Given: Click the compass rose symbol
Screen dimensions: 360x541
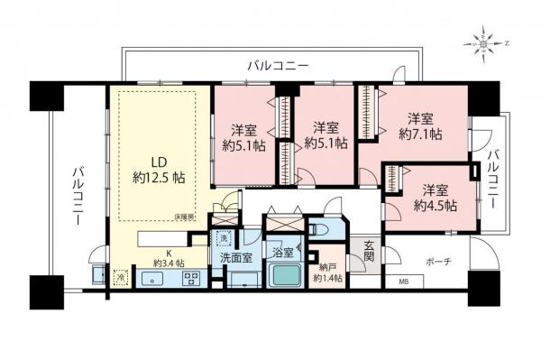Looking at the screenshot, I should click(x=488, y=41).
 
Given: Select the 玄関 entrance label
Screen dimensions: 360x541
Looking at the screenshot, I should click(x=370, y=250).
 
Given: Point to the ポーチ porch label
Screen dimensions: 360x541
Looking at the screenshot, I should click(x=437, y=262).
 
